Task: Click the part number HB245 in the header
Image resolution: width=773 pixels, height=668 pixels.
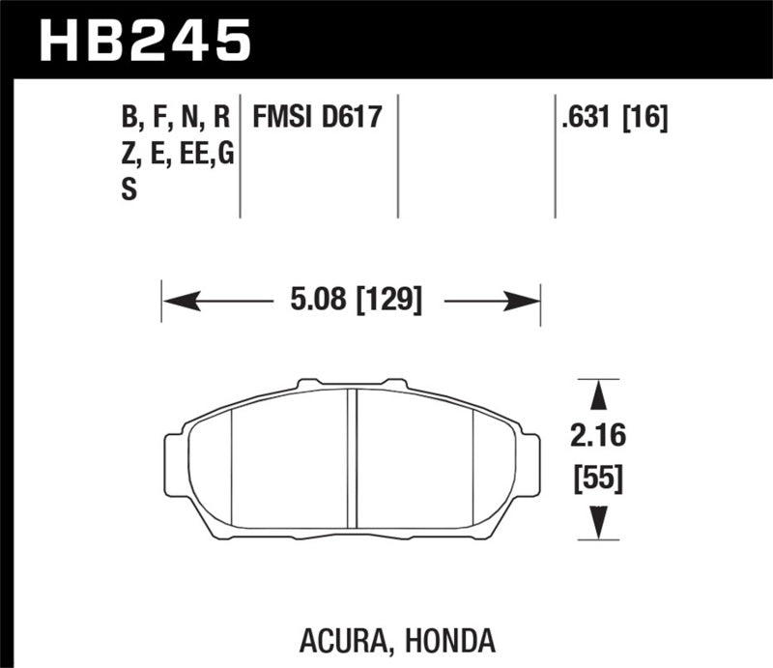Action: coord(144,40)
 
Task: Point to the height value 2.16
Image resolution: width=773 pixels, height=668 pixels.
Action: coord(599,437)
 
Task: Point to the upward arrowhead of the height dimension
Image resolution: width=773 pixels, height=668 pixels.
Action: coord(599,395)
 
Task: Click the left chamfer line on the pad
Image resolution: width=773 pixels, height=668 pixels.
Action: coord(232,464)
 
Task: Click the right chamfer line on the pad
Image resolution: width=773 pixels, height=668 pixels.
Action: coord(472,464)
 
